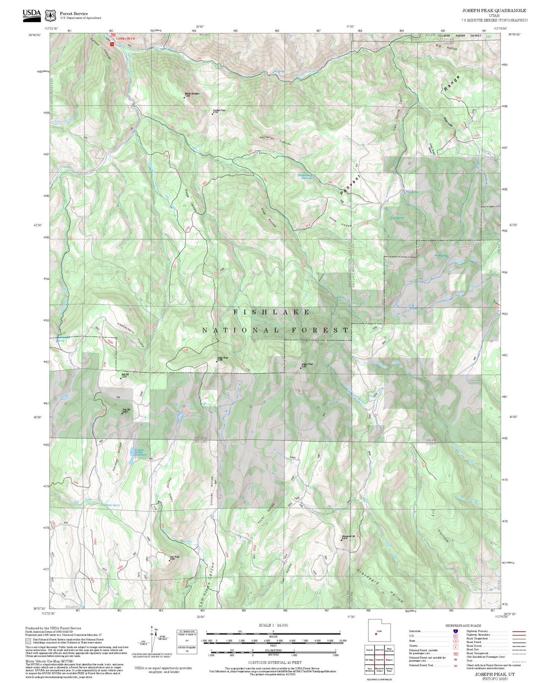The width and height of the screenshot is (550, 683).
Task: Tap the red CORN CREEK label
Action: pyautogui.click(x=126, y=38)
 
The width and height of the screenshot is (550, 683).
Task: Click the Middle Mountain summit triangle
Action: pyautogui.click(x=185, y=97)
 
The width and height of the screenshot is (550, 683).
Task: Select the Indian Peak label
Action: pyautogui.click(x=223, y=358)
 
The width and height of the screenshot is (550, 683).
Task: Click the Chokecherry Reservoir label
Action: pyautogui.click(x=307, y=177)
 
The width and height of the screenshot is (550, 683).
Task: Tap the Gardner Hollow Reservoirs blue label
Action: pyautogui.click(x=140, y=452)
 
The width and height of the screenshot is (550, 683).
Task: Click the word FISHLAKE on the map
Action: pyautogui.click(x=272, y=312)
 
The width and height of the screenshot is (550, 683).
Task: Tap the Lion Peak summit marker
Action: pyautogui.click(x=170, y=560)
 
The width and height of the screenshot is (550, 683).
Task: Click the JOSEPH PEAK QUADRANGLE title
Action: pyautogui.click(x=494, y=11)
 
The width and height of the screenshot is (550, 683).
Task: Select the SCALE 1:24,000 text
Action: pyautogui.click(x=273, y=625)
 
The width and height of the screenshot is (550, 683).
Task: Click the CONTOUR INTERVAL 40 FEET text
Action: pyautogui.click(x=274, y=662)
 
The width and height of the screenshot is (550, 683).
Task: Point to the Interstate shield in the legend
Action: pyautogui.click(x=456, y=631)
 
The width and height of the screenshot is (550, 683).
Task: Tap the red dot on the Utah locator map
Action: pyautogui.click(x=376, y=634)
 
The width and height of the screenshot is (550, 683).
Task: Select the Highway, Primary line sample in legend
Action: pyautogui.click(x=519, y=631)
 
